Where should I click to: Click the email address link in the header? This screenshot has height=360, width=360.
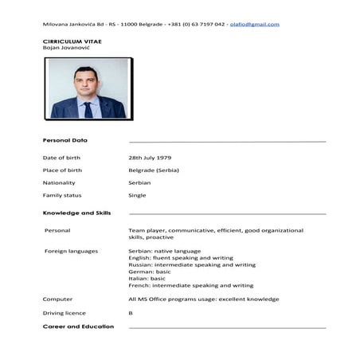pos(256,24)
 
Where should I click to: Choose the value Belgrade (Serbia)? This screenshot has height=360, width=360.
pos(154,170)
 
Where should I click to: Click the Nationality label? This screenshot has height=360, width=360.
pos(59,182)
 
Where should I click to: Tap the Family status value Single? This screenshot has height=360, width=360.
pos(137,195)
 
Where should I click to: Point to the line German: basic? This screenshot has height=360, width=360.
pos(149,272)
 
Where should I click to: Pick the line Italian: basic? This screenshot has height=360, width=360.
pos(147,278)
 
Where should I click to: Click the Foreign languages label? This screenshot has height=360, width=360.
pos(72,251)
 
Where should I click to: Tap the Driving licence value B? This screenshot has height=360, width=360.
pos(131,313)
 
